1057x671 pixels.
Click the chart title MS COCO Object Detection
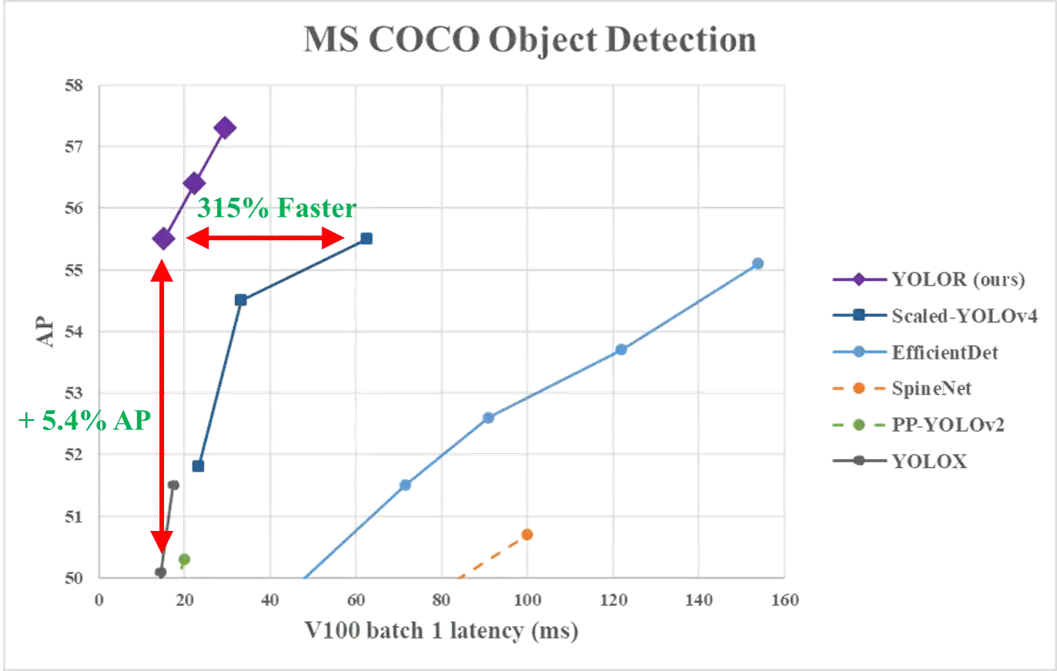(530, 40)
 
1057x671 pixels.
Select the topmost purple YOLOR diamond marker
(225, 127)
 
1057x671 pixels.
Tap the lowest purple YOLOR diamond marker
(163, 239)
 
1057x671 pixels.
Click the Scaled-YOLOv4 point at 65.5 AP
(367, 238)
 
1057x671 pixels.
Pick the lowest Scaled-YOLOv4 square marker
(199, 466)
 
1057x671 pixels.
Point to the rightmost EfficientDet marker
(757, 263)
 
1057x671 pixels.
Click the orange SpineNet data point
(527, 534)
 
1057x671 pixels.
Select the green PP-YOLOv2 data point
(184, 559)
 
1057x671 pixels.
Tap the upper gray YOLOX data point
(173, 485)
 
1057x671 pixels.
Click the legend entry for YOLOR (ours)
(958, 279)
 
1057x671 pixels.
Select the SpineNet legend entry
(932, 389)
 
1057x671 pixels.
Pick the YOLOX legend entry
(929, 462)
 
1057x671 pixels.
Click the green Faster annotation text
(277, 209)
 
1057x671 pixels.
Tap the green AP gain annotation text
(85, 420)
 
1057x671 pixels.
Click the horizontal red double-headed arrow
(266, 239)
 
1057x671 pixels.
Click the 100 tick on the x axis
(527, 599)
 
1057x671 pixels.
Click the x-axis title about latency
(440, 631)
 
